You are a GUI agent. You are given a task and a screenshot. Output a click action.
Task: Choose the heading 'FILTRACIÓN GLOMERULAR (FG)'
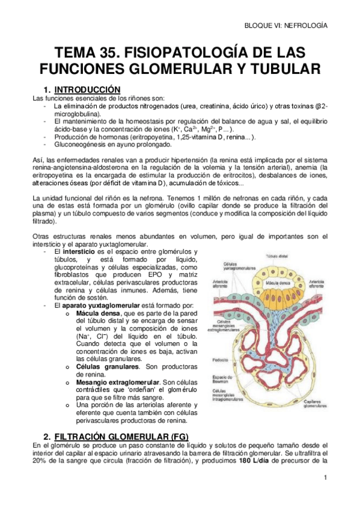pyautogui.click(x=120, y=435)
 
